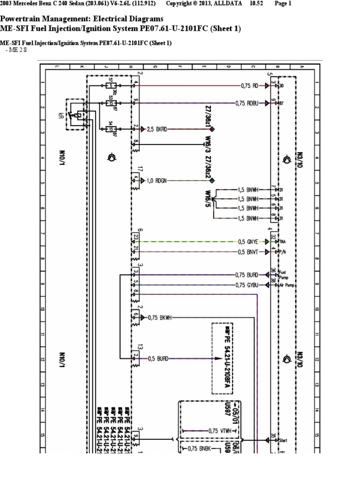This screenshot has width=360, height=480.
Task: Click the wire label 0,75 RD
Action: pyautogui.click(x=249, y=86)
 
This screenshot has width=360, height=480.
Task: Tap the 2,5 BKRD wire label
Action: pyautogui.click(x=157, y=128)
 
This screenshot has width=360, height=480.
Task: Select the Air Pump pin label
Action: pyautogui.click(x=286, y=285)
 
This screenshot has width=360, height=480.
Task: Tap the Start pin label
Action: pyautogui.click(x=283, y=441)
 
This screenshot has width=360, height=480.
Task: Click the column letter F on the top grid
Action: pyautogui.click(x=180, y=67)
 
